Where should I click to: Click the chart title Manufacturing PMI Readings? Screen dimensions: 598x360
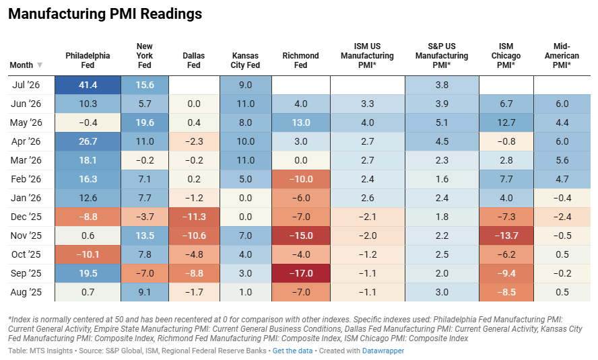tap(105, 13)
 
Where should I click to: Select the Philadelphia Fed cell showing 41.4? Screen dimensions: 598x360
tap(88, 85)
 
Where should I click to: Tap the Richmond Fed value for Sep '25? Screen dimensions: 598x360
tap(301, 273)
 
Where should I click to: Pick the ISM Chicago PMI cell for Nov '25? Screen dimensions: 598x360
tap(506, 236)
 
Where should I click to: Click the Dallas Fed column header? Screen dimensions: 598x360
tap(194, 60)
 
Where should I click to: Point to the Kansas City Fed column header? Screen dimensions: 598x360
tap(245, 60)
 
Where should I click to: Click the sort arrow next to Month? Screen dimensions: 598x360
tap(39, 65)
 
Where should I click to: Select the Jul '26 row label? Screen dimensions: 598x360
tap(26, 85)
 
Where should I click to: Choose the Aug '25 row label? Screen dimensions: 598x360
tap(26, 292)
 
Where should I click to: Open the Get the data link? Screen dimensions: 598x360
tap(292, 351)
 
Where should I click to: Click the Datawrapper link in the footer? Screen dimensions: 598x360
tap(383, 351)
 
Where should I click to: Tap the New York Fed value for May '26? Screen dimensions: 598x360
tap(145, 122)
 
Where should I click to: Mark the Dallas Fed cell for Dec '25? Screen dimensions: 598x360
tap(194, 217)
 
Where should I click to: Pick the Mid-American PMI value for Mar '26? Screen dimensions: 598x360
tap(562, 160)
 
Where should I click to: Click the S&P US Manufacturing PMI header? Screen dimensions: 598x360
tap(442, 56)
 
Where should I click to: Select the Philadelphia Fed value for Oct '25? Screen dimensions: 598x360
tap(88, 254)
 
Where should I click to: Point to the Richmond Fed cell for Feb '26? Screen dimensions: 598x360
tap(301, 179)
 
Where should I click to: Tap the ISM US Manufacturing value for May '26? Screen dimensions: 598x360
tap(368, 122)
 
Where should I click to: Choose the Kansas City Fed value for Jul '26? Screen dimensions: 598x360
tap(246, 85)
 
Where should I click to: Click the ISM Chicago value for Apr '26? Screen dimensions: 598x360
tap(506, 142)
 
